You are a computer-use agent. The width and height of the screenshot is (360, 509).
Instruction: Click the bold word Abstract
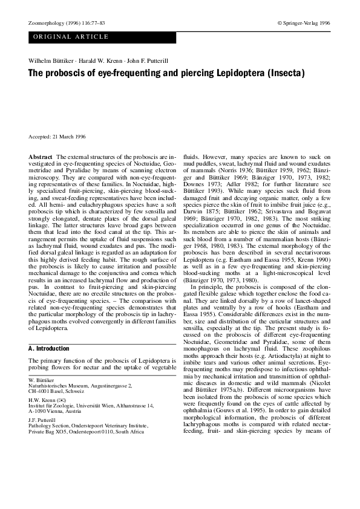click(40, 157)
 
